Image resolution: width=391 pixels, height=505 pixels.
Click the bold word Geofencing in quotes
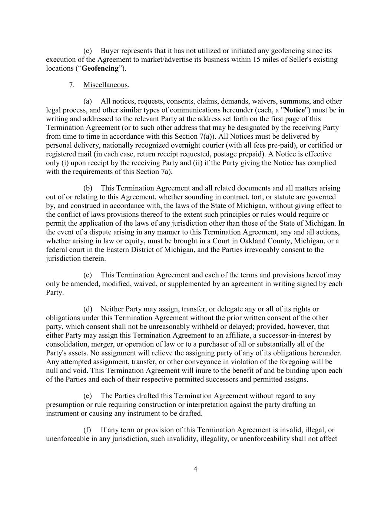coord(100,68)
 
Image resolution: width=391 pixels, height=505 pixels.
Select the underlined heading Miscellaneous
coord(105,85)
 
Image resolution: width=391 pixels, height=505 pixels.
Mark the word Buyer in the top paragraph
coord(110,51)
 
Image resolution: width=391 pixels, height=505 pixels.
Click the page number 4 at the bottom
coord(195,469)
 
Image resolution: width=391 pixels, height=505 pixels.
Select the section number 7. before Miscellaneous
coord(72,85)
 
